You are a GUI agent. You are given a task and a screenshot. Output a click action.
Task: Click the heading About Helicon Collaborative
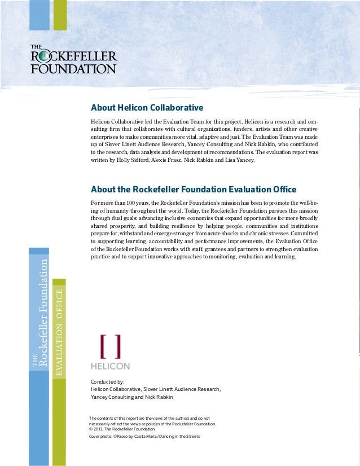point(147,108)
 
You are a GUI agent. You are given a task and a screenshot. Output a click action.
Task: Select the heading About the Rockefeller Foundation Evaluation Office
point(194,189)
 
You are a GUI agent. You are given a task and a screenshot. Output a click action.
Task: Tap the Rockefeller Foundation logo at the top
point(73,59)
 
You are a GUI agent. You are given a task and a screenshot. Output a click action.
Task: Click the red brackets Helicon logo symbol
point(110,346)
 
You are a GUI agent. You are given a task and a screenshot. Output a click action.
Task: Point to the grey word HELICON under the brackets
point(111,366)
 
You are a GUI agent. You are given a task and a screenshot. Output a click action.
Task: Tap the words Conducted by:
point(108,382)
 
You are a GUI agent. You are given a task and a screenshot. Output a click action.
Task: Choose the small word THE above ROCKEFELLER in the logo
point(36,47)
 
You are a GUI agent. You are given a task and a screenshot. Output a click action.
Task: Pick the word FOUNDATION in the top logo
point(73,69)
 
